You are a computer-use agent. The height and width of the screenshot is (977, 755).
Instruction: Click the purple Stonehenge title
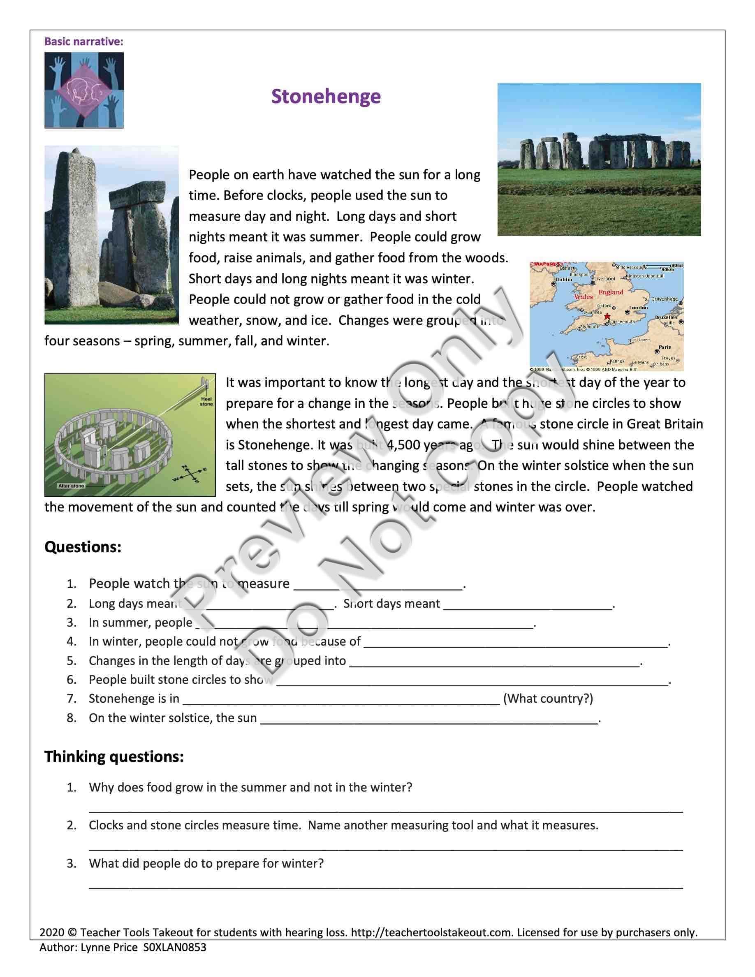[326, 97]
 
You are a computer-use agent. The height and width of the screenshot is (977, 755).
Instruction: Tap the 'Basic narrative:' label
[83, 42]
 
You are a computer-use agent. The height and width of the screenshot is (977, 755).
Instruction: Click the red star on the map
[607, 316]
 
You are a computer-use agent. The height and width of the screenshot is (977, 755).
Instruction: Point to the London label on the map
[638, 308]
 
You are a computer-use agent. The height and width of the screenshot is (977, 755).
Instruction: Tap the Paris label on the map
[665, 347]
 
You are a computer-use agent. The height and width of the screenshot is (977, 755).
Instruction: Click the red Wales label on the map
[583, 296]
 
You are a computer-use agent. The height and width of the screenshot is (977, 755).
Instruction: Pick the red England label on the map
[611, 292]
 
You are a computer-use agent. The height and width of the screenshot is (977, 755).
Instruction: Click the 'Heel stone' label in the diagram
[206, 401]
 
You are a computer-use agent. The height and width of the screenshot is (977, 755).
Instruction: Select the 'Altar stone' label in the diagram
[71, 485]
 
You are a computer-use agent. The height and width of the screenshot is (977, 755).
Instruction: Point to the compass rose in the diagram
[190, 474]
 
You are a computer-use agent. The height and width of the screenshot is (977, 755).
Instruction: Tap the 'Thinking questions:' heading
[114, 757]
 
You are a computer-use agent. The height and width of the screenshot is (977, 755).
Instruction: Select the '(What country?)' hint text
[548, 699]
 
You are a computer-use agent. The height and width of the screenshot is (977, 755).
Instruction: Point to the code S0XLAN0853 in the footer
[175, 947]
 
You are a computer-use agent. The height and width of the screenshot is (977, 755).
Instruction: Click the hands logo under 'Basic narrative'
[84, 90]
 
